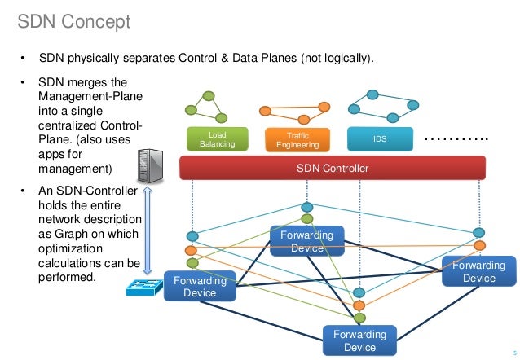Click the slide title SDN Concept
tap(74, 20)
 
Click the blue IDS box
tap(380, 139)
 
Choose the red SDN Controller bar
tap(332, 169)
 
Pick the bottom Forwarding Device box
tap(359, 340)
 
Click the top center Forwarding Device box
tap(306, 242)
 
